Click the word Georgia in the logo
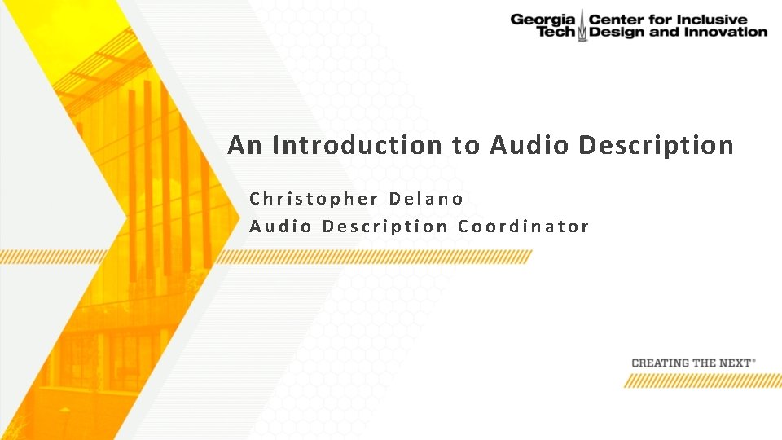[543, 19]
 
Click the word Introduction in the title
[358, 146]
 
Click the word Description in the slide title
[656, 146]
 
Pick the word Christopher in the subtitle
[314, 199]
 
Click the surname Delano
[427, 199]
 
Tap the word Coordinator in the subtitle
[524, 227]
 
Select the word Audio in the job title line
[280, 227]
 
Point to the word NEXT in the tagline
[734, 363]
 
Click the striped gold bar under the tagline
[702, 381]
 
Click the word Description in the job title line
[384, 227]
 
